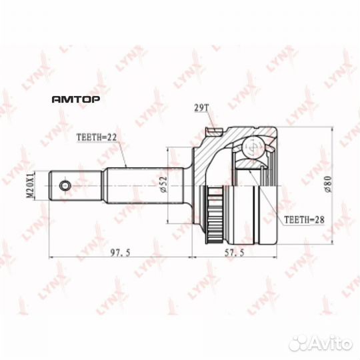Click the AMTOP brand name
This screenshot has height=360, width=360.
pos(76,99)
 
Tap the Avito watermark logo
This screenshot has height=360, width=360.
pos(321,344)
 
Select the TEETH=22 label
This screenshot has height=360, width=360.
pos(97,137)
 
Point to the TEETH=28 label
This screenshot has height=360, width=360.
pos(304,220)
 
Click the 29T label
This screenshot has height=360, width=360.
pos(201,108)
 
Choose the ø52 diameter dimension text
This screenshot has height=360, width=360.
pos(163,185)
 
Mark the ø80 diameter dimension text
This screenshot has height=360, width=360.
pos(327,184)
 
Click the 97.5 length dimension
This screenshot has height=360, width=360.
pos(120,253)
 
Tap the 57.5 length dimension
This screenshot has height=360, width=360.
pos(235,253)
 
